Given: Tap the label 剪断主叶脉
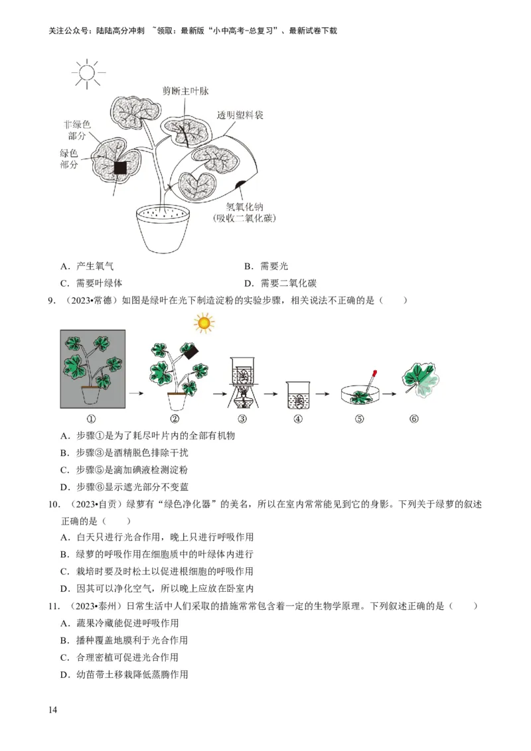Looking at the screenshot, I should [190, 91].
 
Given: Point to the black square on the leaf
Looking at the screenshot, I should [120, 168].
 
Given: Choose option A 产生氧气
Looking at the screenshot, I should [86, 266].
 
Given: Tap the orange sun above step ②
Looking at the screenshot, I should [204, 323].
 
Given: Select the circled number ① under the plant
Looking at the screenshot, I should [91, 419].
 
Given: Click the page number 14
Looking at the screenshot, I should [53, 711].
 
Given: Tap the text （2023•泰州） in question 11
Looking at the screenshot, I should [96, 606].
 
